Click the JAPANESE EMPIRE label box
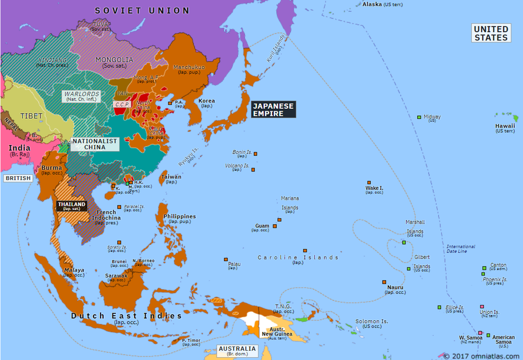(x=273, y=109)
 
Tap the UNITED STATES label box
(x=491, y=33)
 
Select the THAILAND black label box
(x=71, y=205)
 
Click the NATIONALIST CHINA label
(x=94, y=144)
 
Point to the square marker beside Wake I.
(x=369, y=183)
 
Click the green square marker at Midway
(x=419, y=117)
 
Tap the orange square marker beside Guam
(x=280, y=220)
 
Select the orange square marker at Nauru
(x=384, y=281)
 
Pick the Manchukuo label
(x=188, y=67)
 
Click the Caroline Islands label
(x=298, y=258)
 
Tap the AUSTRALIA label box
(x=237, y=351)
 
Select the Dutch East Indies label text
(x=126, y=316)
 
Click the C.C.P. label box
(x=122, y=104)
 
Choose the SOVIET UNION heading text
(x=142, y=11)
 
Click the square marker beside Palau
(x=226, y=259)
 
